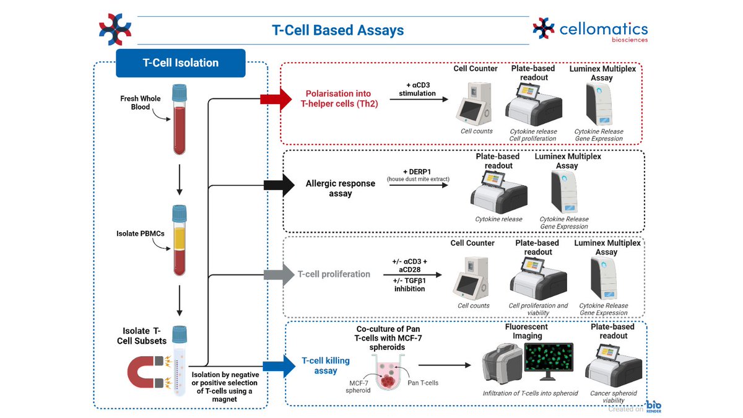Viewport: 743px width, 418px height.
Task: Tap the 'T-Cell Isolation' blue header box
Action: (x=181, y=63)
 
